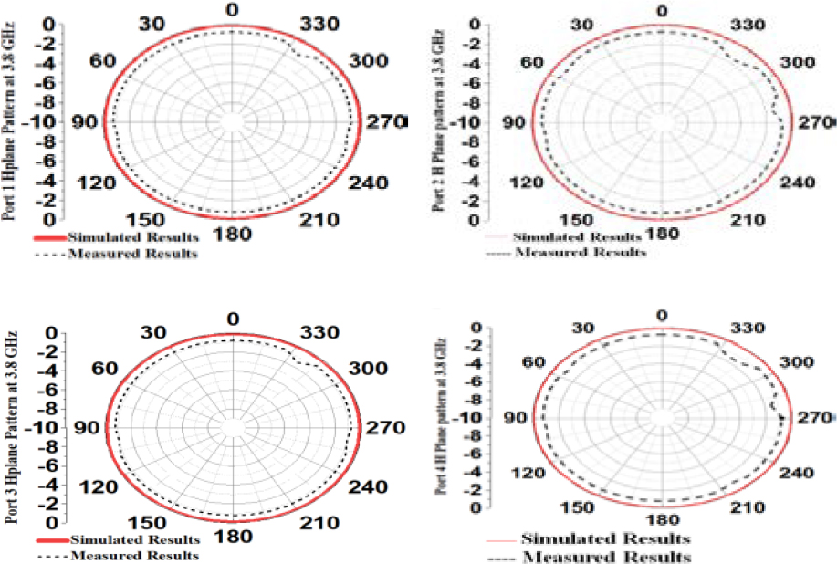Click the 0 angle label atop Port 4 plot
(x=664, y=316)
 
